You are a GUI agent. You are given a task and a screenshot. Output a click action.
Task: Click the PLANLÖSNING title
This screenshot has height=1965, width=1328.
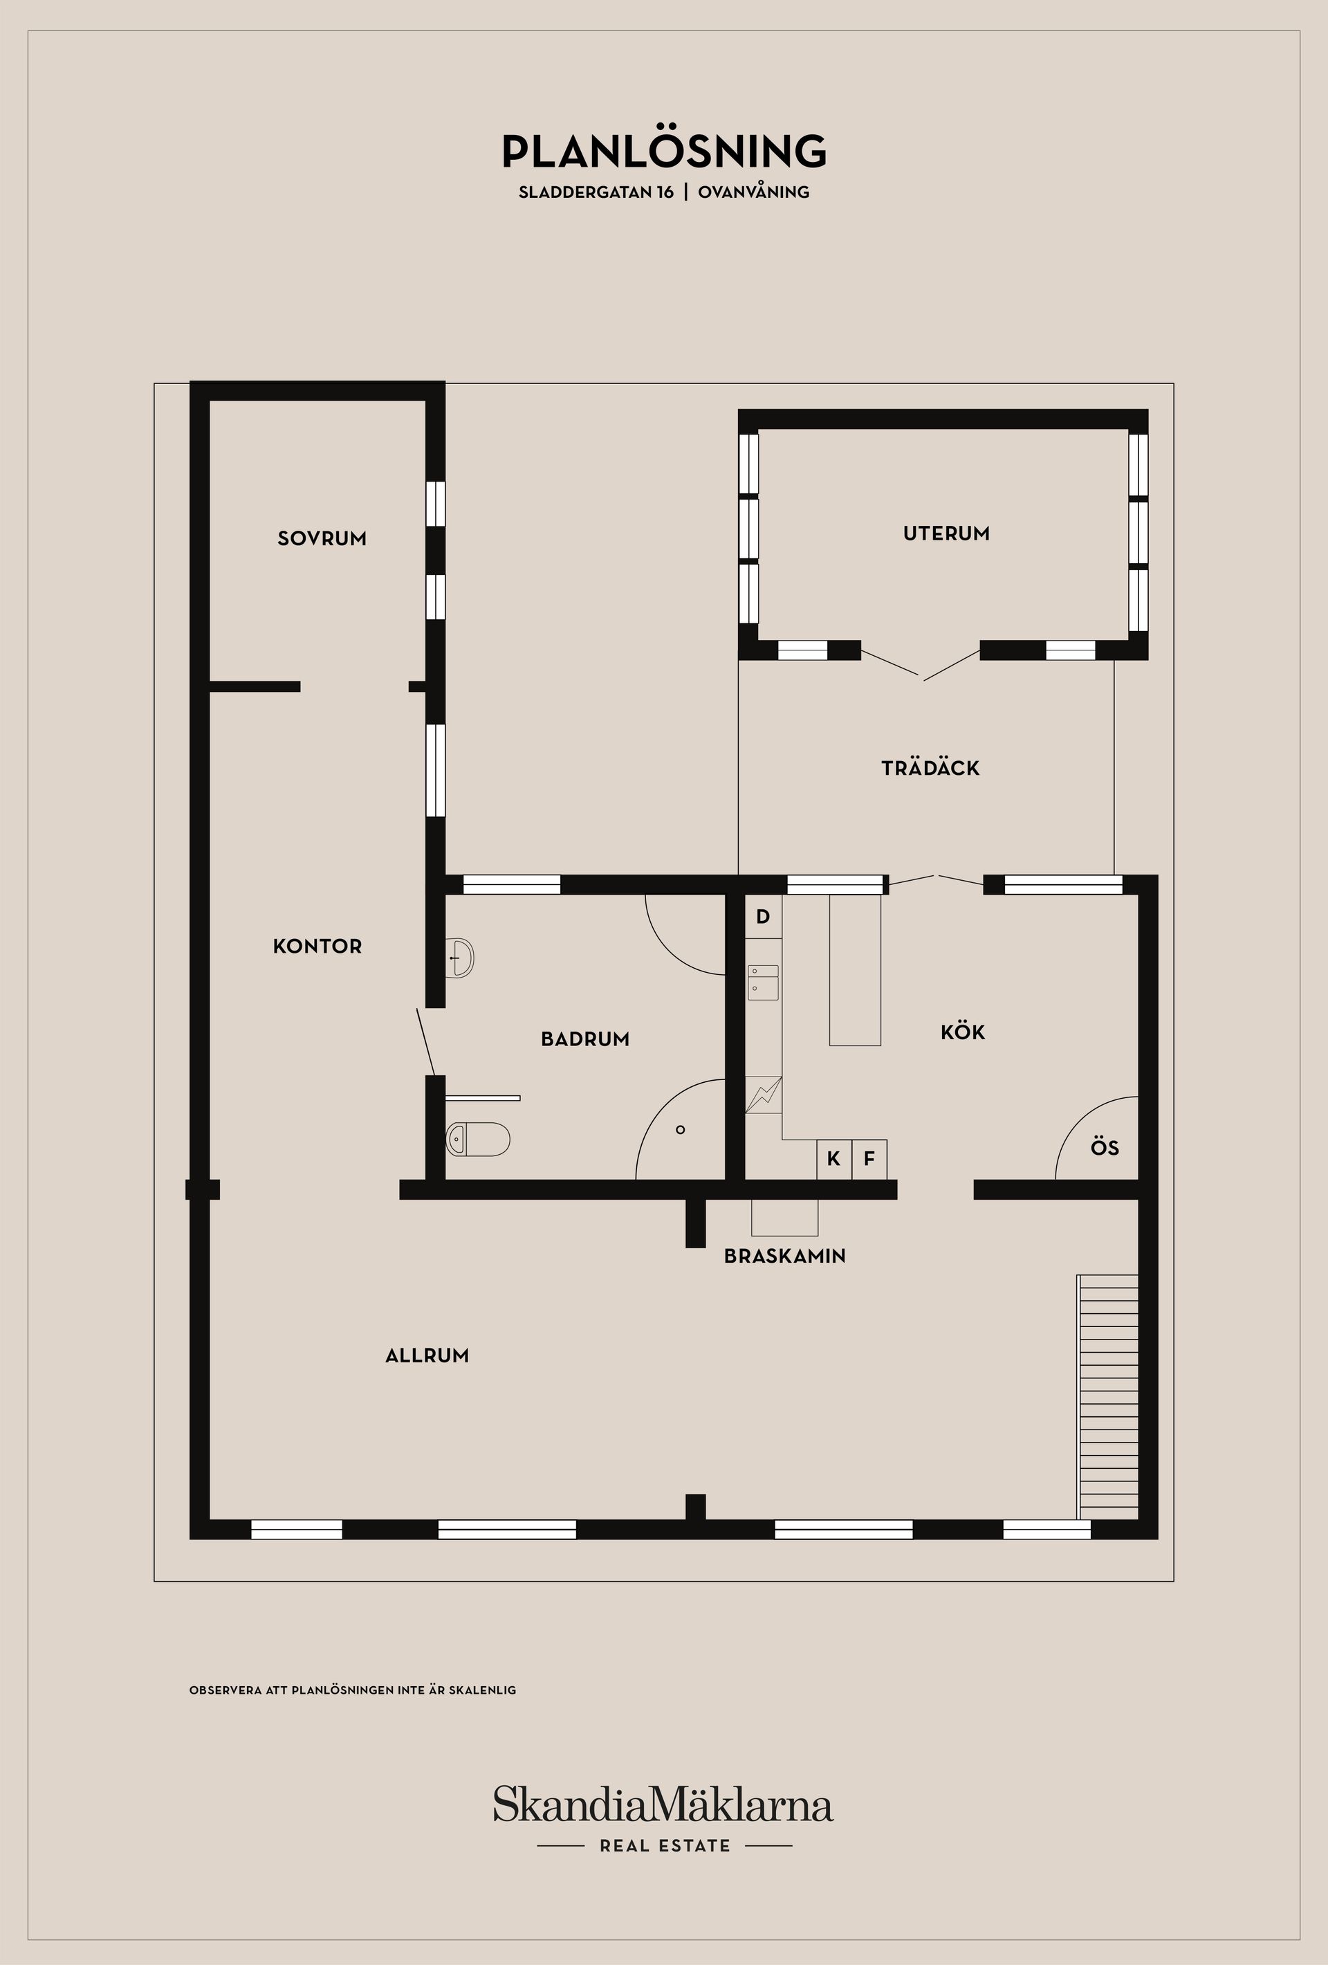coord(663,152)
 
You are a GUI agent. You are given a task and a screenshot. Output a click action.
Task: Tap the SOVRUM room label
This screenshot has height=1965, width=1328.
coord(322,538)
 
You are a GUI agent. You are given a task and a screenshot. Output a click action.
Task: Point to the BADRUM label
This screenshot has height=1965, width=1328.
coord(585,1039)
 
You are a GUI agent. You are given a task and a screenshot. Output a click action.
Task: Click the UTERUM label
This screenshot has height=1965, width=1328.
coord(946,533)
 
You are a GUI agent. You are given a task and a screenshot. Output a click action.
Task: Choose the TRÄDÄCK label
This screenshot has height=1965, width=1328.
coord(930,769)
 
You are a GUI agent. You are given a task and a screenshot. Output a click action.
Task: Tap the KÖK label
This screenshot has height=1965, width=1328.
coord(962,1032)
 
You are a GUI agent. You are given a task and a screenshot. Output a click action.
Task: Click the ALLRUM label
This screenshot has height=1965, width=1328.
coord(427,1355)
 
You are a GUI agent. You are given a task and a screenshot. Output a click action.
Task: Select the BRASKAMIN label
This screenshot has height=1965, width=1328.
coord(784,1256)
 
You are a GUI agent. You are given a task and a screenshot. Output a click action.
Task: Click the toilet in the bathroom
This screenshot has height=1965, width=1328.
coord(479,1139)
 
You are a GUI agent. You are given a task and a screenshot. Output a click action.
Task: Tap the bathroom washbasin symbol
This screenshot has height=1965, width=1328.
coord(460,957)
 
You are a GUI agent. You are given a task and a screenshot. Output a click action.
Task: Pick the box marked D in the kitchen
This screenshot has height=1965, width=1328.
coord(762,917)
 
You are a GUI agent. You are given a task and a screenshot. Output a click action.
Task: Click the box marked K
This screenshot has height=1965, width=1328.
coord(833,1158)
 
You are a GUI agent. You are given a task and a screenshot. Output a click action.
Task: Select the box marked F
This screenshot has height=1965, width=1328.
coord(869,1158)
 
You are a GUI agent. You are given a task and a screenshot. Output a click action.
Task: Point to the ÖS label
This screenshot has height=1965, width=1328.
coord(1104,1147)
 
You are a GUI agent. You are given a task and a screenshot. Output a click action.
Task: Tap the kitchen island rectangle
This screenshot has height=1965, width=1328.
coord(855,970)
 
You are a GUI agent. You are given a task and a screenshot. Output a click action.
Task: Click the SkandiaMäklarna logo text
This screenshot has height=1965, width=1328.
coord(663,1804)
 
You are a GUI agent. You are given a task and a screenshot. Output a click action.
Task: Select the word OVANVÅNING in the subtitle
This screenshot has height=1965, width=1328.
coord(753,192)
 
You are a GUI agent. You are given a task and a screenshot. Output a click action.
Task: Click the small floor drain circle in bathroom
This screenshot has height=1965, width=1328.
coord(681,1130)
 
